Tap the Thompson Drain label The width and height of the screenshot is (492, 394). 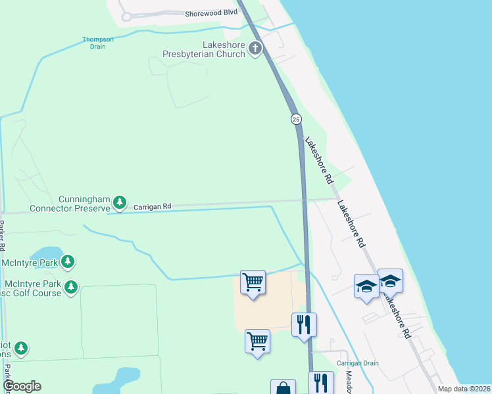click(x=98, y=43)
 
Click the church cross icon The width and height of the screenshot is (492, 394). click(x=255, y=49)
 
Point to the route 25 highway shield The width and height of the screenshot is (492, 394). click(x=296, y=119)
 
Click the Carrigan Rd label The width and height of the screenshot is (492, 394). click(x=152, y=206)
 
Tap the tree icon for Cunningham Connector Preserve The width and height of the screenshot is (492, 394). click(x=119, y=203)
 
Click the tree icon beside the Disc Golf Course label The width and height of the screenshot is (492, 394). click(x=70, y=287)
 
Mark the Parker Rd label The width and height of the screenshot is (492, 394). click(x=3, y=236)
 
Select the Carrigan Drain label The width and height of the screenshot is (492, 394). click(x=355, y=363)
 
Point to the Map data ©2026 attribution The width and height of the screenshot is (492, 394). click(x=464, y=389)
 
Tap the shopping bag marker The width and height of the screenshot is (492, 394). click(x=283, y=388)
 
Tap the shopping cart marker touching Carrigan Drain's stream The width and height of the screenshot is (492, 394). click(x=253, y=283)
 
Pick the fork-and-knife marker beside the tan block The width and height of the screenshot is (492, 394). click(x=304, y=324)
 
